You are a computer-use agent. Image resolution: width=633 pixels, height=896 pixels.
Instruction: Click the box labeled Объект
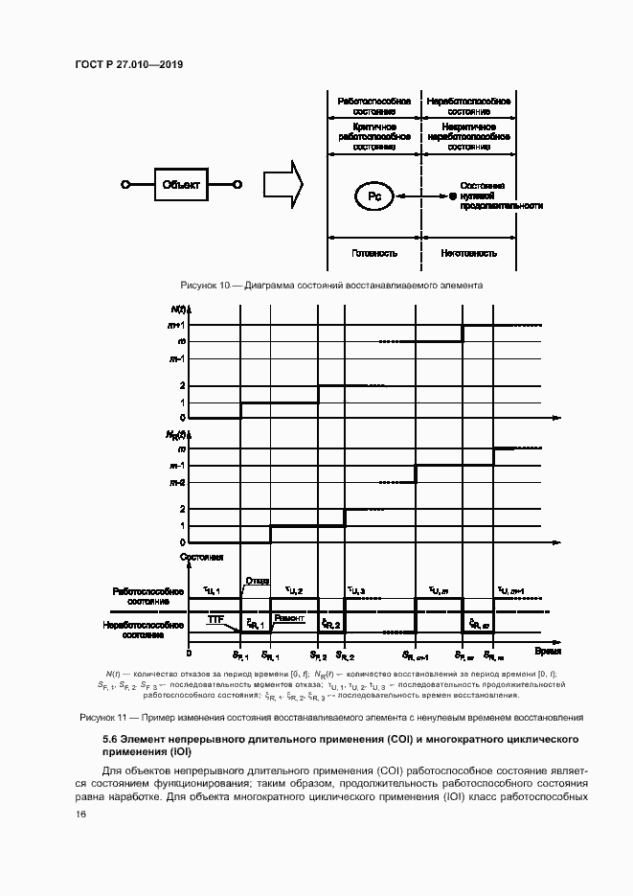click(x=182, y=185)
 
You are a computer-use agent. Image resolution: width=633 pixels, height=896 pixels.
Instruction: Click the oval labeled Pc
click(x=375, y=196)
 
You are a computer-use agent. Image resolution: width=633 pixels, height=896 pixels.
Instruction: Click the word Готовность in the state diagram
click(x=375, y=254)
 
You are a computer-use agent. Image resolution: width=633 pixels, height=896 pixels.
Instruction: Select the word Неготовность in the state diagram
click(x=468, y=254)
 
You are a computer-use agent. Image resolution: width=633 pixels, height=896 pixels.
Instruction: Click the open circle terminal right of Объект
click(x=237, y=185)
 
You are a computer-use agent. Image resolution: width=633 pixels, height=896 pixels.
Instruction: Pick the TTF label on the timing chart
click(x=216, y=621)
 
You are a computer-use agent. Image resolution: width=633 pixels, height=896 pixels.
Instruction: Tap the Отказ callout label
click(x=257, y=581)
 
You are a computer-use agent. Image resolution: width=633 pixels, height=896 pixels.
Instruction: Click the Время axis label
click(x=547, y=651)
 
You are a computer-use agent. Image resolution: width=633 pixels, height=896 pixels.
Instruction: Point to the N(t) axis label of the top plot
click(x=179, y=310)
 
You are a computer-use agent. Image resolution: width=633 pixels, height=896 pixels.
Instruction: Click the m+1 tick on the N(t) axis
click(x=177, y=325)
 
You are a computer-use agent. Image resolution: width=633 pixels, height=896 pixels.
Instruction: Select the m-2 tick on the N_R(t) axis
click(x=177, y=484)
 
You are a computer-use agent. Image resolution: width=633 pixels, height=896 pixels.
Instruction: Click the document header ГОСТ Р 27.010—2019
click(x=128, y=64)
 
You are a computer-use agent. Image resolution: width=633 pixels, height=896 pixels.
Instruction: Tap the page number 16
click(x=80, y=815)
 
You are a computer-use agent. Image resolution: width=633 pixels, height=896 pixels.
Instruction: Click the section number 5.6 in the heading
click(x=111, y=740)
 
